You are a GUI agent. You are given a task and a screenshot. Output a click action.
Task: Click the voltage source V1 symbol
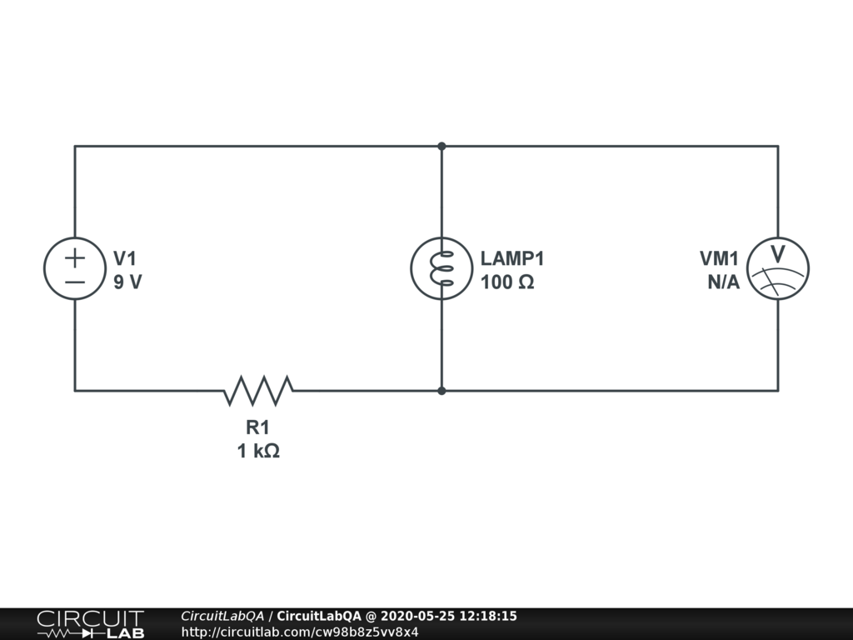[x=75, y=268]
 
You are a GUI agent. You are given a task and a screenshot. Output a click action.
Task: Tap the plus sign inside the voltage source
[x=75, y=257]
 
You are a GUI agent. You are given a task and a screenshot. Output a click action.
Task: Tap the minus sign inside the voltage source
[x=75, y=282]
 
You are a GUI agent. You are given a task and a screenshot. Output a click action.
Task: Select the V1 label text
[x=125, y=259]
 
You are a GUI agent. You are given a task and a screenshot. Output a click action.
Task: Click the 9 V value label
[x=127, y=282]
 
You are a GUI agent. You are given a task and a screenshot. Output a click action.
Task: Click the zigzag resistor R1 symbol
[x=258, y=390]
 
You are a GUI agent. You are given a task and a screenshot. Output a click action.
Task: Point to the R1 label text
[x=257, y=428]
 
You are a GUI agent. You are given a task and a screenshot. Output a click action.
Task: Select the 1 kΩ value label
[x=257, y=452]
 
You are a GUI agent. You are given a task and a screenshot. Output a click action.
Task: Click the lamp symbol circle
[x=441, y=268]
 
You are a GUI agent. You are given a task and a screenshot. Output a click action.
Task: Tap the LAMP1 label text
[x=512, y=259]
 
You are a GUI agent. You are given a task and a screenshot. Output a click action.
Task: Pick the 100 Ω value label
[x=507, y=282]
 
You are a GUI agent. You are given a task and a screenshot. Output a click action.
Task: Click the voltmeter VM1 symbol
[x=778, y=268]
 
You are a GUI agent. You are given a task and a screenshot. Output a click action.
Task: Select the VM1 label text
[x=719, y=259]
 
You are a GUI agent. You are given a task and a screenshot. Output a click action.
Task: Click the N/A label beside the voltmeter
[x=723, y=282]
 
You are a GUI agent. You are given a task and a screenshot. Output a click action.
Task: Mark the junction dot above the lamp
[x=441, y=147]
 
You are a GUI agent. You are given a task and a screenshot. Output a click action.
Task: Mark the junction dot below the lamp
[x=441, y=390]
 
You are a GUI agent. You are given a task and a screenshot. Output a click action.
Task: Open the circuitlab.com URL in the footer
[x=300, y=632]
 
